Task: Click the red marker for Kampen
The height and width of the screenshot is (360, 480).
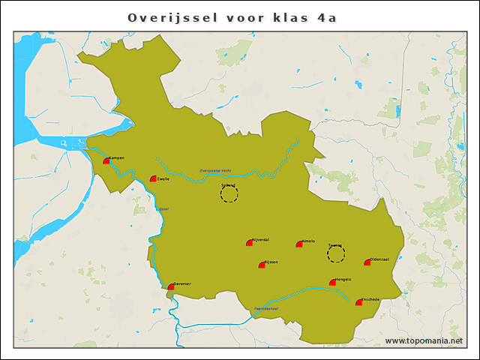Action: click(x=106, y=160)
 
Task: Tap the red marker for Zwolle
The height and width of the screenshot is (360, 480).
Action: click(x=153, y=178)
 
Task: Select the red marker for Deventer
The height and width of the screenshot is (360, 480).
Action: click(x=171, y=286)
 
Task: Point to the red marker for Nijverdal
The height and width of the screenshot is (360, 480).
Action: click(x=250, y=242)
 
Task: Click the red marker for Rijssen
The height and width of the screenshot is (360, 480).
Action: click(x=262, y=264)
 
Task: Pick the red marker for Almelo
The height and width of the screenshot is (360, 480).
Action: click(x=299, y=243)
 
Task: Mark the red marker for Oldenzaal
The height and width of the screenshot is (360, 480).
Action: click(x=367, y=262)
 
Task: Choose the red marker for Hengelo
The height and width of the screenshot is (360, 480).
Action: click(x=332, y=282)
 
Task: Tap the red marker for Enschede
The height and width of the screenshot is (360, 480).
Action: click(x=358, y=302)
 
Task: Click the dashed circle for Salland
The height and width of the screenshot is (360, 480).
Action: click(x=229, y=194)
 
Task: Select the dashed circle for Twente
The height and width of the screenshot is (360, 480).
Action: click(x=336, y=254)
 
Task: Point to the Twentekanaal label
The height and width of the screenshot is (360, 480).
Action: click(x=266, y=308)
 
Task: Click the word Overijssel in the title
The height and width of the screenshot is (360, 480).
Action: click(x=172, y=17)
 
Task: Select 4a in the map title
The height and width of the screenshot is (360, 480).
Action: click(x=327, y=17)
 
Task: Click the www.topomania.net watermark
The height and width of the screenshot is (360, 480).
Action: click(x=424, y=340)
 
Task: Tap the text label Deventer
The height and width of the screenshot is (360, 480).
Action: click(x=182, y=283)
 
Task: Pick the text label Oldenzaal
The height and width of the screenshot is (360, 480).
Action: click(x=380, y=259)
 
